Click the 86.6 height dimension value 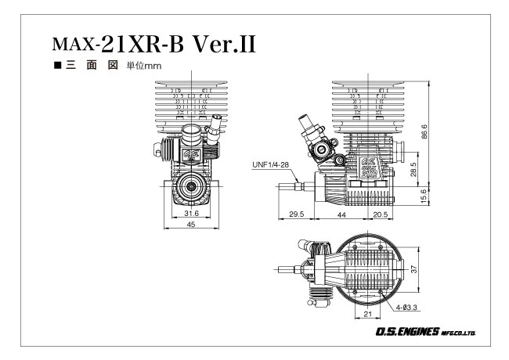[424, 131]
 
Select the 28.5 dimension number [413, 169]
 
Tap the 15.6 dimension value [424, 196]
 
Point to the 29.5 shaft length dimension [296, 214]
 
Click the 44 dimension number [341, 214]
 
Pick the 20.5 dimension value [381, 214]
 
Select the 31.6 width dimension [191, 214]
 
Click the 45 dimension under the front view [191, 225]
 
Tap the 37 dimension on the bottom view [413, 269]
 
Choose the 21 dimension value [367, 314]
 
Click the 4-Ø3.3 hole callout [406, 307]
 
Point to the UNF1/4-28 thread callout [270, 165]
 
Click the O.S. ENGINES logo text [425, 332]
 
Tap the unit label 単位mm [144, 66]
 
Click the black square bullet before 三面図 [58, 65]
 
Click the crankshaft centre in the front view [192, 186]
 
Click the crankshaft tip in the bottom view [279, 269]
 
